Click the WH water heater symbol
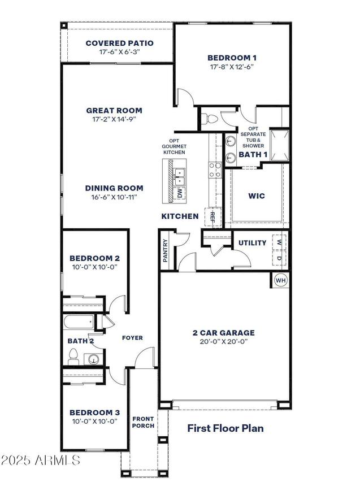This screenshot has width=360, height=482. pyautogui.click(x=280, y=280)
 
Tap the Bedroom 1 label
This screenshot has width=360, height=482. pyautogui.click(x=232, y=58)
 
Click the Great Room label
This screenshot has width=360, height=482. pyautogui.click(x=114, y=111)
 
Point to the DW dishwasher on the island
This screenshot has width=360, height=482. pyautogui.click(x=180, y=193)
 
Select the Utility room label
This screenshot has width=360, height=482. pyautogui.click(x=252, y=243)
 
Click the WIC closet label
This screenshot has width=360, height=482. pyautogui.click(x=257, y=196)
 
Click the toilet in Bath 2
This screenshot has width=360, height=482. pyautogui.click(x=73, y=356)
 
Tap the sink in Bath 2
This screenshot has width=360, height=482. pyautogui.click(x=94, y=358)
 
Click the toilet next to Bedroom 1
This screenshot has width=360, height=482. pyautogui.click(x=210, y=119)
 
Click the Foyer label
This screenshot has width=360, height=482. pyautogui.click(x=132, y=338)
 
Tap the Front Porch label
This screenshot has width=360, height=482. pyautogui.click(x=143, y=422)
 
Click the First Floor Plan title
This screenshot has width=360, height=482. pyautogui.click(x=225, y=428)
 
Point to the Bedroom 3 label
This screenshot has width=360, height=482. pyautogui.click(x=94, y=412)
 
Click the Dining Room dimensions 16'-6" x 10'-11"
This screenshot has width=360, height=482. pyautogui.click(x=114, y=197)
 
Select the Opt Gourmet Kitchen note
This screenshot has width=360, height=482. pyautogui.click(x=174, y=147)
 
